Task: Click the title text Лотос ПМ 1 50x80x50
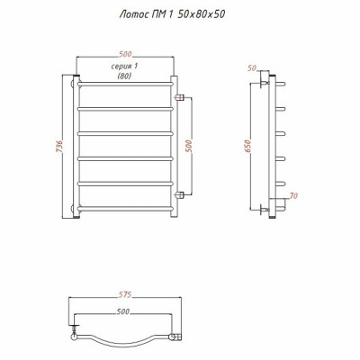(172, 14)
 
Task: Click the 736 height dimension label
(59, 146)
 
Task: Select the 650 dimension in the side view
(247, 146)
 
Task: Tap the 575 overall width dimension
(124, 295)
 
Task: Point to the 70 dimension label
(293, 196)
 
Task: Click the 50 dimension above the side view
(252, 68)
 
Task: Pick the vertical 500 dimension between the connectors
(189, 146)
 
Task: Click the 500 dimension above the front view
(125, 54)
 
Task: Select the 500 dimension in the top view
(123, 311)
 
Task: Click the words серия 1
(124, 67)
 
